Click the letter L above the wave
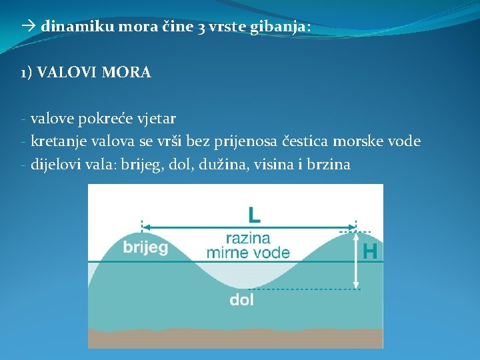click(x=254, y=214)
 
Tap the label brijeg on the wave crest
click(x=145, y=247)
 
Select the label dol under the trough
click(x=241, y=300)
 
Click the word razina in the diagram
click(x=248, y=238)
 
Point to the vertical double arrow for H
click(x=356, y=259)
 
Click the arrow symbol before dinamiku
click(x=28, y=27)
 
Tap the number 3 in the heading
click(x=201, y=27)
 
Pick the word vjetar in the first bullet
click(x=157, y=119)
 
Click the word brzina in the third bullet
click(x=329, y=164)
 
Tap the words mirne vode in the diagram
click(x=248, y=253)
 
